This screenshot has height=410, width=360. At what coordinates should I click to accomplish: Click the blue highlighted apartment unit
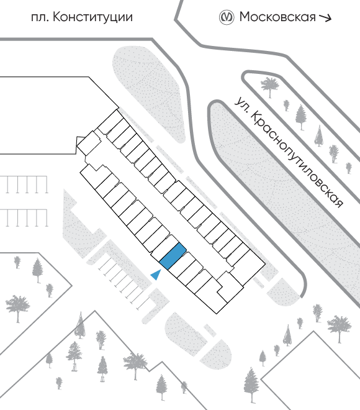(x=173, y=256)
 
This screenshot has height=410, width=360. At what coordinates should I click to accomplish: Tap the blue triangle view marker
(x=156, y=275)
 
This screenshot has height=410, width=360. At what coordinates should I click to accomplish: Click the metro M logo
(x=226, y=17)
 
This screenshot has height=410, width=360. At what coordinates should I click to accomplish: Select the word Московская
(x=277, y=17)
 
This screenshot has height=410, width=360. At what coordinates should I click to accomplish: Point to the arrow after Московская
(x=325, y=18)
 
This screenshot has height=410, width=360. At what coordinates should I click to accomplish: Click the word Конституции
(x=92, y=17)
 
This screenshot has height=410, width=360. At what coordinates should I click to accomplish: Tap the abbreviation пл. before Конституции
(x=40, y=18)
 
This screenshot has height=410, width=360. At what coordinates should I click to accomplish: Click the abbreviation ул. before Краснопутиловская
(x=241, y=105)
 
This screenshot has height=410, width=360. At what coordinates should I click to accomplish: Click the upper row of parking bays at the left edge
(x=24, y=184)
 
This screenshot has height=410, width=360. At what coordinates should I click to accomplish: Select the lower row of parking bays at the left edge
(x=24, y=218)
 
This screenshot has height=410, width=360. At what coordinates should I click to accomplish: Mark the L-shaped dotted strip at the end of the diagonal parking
(x=156, y=305)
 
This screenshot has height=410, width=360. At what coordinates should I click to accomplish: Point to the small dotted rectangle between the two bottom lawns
(x=210, y=330)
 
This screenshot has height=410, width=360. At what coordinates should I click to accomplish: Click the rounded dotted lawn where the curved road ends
(x=284, y=292)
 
